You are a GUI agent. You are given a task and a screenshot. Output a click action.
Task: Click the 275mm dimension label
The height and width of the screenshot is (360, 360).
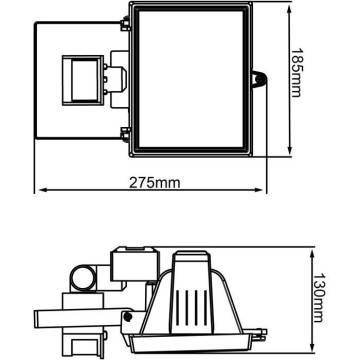[155, 183]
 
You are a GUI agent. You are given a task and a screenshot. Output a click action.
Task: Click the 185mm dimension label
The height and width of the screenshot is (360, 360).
[296, 73]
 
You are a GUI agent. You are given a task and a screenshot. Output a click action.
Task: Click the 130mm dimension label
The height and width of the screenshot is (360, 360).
[318, 298]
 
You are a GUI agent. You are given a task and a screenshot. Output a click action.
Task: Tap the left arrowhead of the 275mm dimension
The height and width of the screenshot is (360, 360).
[43, 190]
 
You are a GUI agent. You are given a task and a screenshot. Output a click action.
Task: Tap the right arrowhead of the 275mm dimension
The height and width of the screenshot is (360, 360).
[259, 190]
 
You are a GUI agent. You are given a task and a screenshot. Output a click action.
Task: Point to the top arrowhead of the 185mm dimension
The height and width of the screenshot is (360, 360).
[289, 9]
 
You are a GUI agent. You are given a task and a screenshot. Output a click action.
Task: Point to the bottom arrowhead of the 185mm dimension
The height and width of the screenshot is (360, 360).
[289, 151]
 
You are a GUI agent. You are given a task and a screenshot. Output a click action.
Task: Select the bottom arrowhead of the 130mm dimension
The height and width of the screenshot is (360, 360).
[312, 347]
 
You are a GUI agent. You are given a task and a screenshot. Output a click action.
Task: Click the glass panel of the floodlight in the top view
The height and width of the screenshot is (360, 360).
[191, 79]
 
